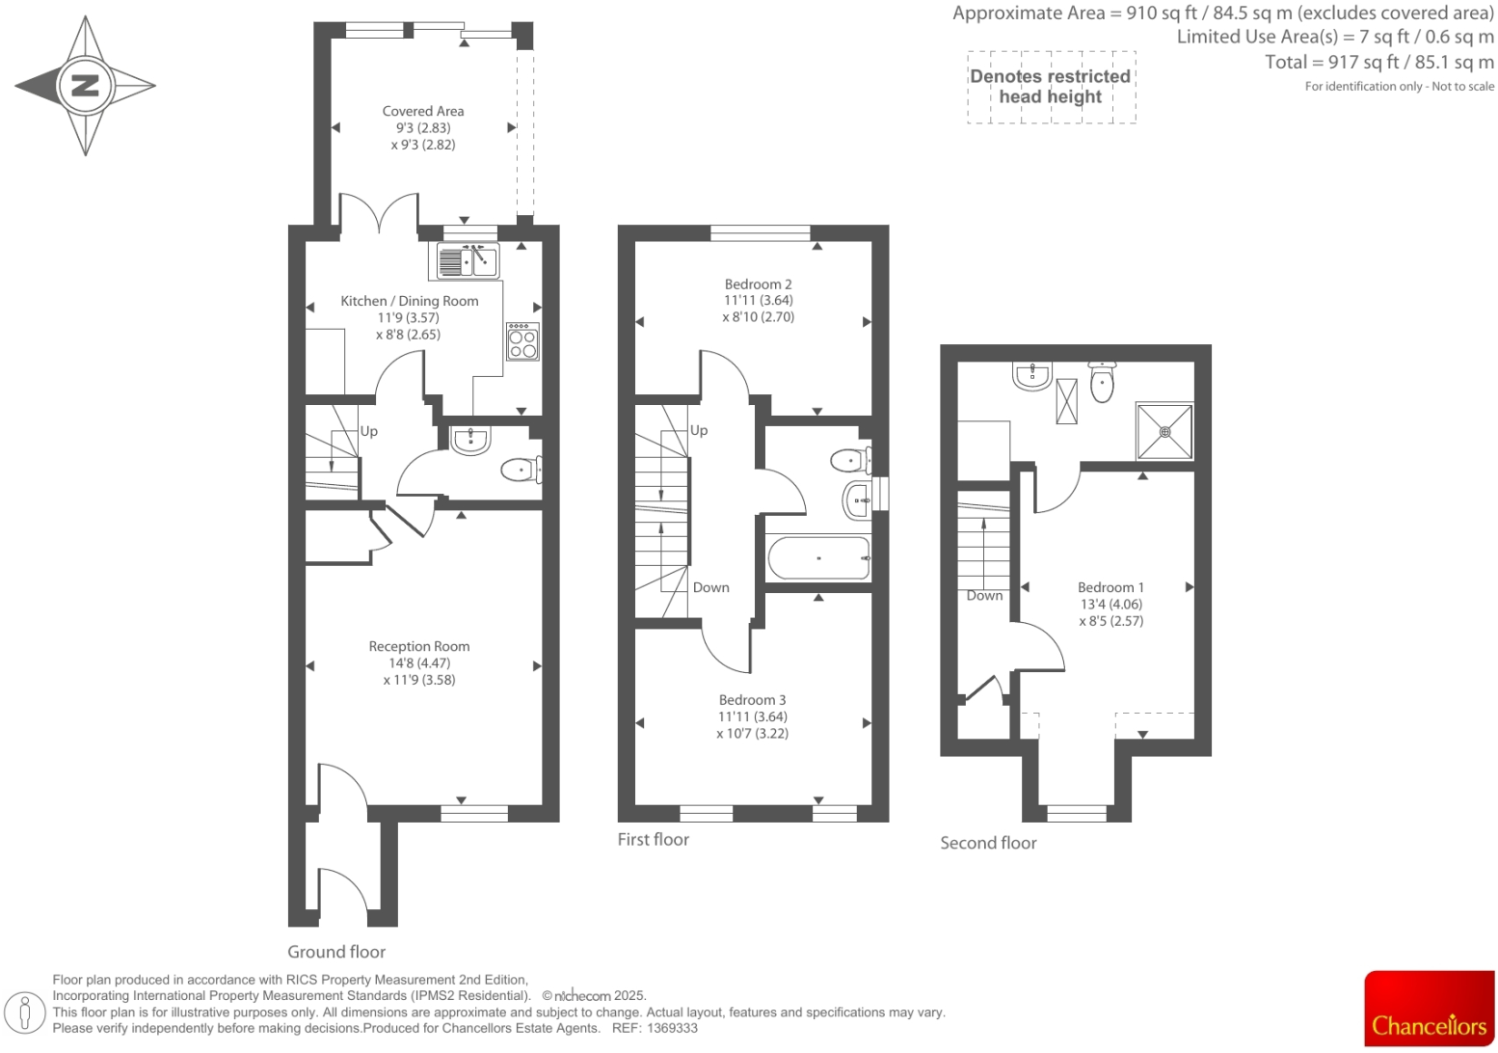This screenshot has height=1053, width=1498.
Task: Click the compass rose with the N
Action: [85, 85]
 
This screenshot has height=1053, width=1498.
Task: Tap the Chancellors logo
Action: [1429, 1009]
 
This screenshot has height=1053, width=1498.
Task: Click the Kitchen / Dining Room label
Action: [409, 301]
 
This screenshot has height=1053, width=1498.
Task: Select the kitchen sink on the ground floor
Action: [468, 260]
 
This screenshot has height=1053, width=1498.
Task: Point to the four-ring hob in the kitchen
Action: [523, 341]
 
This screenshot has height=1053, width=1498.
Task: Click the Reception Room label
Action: [418, 646]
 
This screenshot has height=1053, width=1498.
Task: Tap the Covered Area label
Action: [422, 111]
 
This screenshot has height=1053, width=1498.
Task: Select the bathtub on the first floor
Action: [818, 558]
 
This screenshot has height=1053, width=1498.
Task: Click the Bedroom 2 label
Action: [758, 284]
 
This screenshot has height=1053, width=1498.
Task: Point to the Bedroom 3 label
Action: [752, 700]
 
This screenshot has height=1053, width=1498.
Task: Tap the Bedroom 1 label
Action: [1110, 587]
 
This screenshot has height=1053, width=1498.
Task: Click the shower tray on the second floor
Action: [1164, 431]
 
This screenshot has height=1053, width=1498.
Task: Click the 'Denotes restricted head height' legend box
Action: [1051, 87]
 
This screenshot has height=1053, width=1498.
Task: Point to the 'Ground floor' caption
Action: [336, 952]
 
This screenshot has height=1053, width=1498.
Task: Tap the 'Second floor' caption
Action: [988, 843]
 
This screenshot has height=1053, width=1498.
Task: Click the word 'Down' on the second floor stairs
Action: [984, 596]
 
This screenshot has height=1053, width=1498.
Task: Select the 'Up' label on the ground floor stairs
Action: [368, 431]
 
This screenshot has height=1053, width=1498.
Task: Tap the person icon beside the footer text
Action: [26, 1012]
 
